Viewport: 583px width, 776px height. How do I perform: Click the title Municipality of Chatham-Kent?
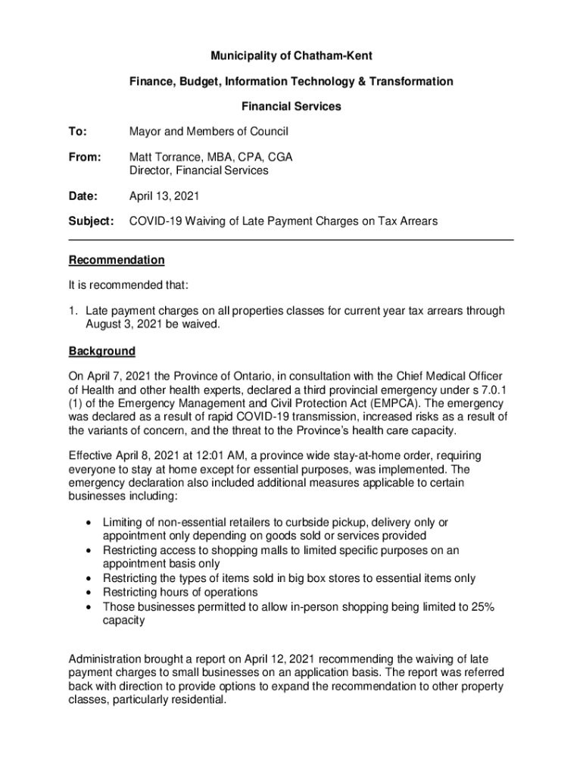click(291, 56)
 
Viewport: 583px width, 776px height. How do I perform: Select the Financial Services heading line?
click(291, 107)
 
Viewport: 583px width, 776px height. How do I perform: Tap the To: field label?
click(78, 132)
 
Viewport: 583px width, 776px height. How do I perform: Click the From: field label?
click(85, 157)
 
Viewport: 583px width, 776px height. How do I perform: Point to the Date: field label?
click(83, 196)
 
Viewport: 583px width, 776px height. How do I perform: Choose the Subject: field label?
click(91, 221)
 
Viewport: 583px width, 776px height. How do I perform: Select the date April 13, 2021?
click(164, 196)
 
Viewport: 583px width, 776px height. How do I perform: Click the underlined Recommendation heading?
click(117, 260)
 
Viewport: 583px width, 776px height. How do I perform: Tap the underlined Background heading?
click(102, 352)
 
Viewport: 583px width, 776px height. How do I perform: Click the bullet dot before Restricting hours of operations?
click(90, 593)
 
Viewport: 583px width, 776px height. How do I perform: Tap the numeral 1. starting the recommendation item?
click(74, 311)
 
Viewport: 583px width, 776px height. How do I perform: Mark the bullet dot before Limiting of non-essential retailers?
click(90, 523)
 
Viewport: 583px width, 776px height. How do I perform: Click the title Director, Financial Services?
click(198, 171)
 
